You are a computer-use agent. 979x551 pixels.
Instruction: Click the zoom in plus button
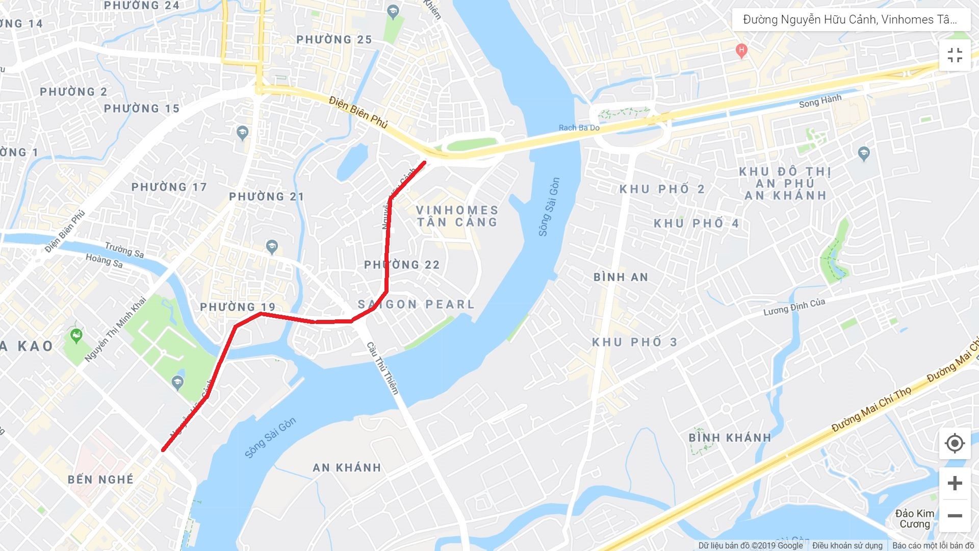[955, 483]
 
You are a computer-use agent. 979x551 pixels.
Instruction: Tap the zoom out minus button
[955, 515]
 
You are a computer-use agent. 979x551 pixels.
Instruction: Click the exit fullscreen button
[955, 55]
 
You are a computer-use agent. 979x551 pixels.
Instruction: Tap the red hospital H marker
[741, 51]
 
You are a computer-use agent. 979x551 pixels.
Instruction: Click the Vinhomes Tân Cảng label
[457, 216]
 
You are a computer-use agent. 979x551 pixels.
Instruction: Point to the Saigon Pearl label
[416, 305]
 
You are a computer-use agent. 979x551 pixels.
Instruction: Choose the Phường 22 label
[402, 265]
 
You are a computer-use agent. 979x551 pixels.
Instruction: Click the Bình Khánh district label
[730, 438]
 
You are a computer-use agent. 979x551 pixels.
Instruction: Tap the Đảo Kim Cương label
[915, 518]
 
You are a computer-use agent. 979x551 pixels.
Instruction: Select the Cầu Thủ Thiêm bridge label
[382, 367]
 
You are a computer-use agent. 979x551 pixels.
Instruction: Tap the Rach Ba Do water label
[579, 128]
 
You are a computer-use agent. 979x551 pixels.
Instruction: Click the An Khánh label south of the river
[347, 467]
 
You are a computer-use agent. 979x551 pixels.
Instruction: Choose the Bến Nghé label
[101, 480]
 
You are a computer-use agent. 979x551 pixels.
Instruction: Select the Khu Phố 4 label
[696, 223]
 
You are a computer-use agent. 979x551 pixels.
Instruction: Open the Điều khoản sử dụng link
[847, 545]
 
